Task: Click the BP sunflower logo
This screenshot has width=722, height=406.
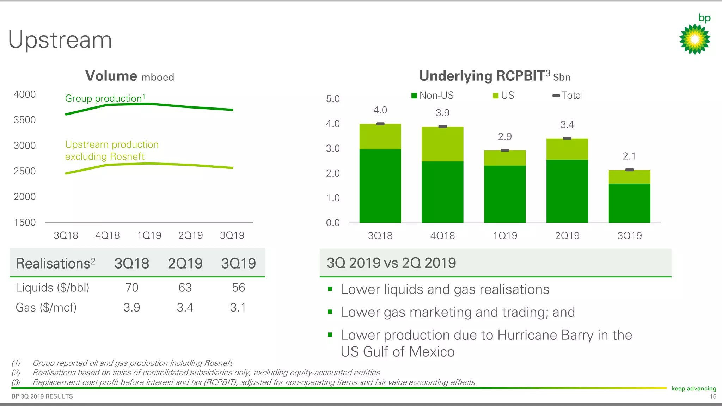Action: (x=695, y=38)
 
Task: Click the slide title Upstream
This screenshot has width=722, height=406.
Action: (x=60, y=40)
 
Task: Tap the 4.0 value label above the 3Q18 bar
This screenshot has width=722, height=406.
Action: (x=380, y=110)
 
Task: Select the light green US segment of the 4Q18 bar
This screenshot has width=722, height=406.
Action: (x=442, y=144)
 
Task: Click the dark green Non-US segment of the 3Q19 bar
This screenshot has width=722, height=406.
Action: (x=629, y=203)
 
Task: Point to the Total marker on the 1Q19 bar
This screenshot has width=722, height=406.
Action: (x=505, y=150)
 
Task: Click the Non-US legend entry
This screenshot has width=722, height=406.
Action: (x=433, y=96)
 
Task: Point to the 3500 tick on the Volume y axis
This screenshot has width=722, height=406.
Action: (x=25, y=120)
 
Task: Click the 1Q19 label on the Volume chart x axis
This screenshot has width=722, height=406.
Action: (x=149, y=235)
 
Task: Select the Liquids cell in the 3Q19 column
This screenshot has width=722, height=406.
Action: (x=238, y=288)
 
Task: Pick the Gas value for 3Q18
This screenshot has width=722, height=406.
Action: (x=132, y=308)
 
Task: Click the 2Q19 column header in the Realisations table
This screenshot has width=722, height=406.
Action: (x=185, y=264)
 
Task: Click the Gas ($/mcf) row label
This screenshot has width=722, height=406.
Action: (x=46, y=308)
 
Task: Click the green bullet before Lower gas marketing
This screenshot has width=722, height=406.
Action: (x=330, y=312)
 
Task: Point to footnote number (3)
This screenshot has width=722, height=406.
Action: (x=16, y=382)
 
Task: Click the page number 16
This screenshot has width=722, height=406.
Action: (x=713, y=397)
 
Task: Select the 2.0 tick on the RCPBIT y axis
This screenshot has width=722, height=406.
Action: (x=333, y=173)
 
